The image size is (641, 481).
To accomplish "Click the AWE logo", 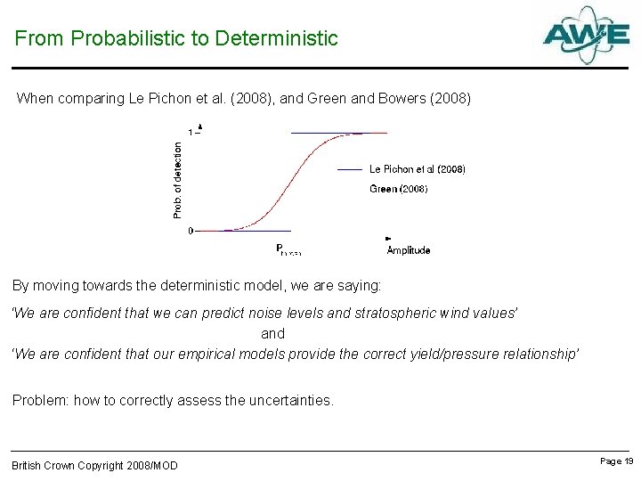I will coord(586,35).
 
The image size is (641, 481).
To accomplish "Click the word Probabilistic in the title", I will coord(121,38).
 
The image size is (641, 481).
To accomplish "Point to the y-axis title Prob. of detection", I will coord(177,180).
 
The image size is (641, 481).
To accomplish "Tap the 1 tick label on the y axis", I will coord(190,133).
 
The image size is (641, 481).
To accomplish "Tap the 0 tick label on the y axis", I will coord(190,231).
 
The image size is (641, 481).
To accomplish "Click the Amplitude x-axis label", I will coord(408,250).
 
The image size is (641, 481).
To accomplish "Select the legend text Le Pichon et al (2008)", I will coord(417,168).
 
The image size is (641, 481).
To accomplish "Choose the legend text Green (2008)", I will coord(398,189).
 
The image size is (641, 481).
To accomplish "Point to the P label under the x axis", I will coord(280,249).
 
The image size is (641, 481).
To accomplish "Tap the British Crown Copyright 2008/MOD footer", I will coord(94,465).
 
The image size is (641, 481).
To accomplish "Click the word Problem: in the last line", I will coord(39,401).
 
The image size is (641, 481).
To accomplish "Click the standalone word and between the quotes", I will coord(272,333).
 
